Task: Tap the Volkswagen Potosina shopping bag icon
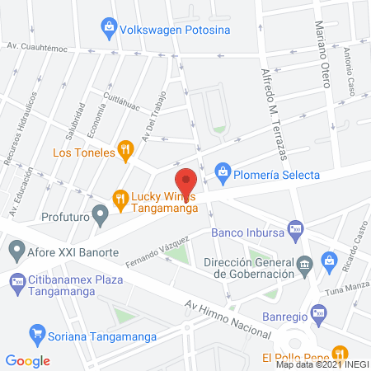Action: (x=109, y=29)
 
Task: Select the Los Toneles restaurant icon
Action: (x=124, y=150)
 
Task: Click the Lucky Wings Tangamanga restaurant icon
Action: (x=120, y=198)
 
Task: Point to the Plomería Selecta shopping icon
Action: (x=222, y=172)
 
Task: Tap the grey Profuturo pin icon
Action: (x=101, y=218)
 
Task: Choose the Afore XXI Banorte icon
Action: (x=16, y=248)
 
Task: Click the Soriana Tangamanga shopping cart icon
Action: (x=36, y=334)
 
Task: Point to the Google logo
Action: (x=28, y=360)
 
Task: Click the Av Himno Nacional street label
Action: (x=228, y=318)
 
